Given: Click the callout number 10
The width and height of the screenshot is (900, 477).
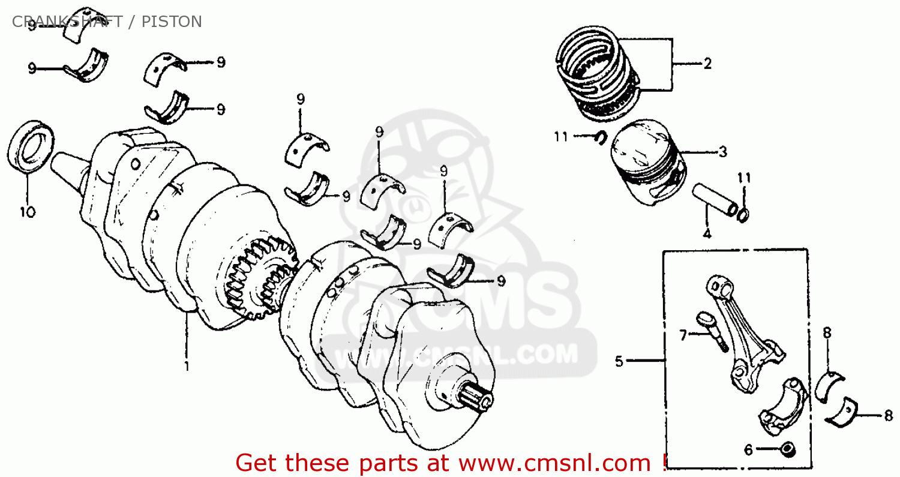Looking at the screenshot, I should click(x=28, y=212).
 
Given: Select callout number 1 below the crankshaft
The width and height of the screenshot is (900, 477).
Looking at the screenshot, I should click(x=186, y=365).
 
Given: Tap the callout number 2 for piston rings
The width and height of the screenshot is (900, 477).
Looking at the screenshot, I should click(x=707, y=64).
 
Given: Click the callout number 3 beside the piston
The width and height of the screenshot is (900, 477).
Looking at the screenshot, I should click(x=722, y=152).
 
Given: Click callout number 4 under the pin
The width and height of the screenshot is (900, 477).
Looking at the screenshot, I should click(x=707, y=234).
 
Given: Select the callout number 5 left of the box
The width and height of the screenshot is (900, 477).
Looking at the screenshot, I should click(x=619, y=361).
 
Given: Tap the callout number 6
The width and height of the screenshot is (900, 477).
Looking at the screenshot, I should click(x=748, y=449).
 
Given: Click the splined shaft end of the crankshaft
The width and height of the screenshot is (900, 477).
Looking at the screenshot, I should click(x=477, y=397).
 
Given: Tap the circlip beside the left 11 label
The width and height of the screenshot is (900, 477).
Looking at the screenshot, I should click(x=598, y=137).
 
